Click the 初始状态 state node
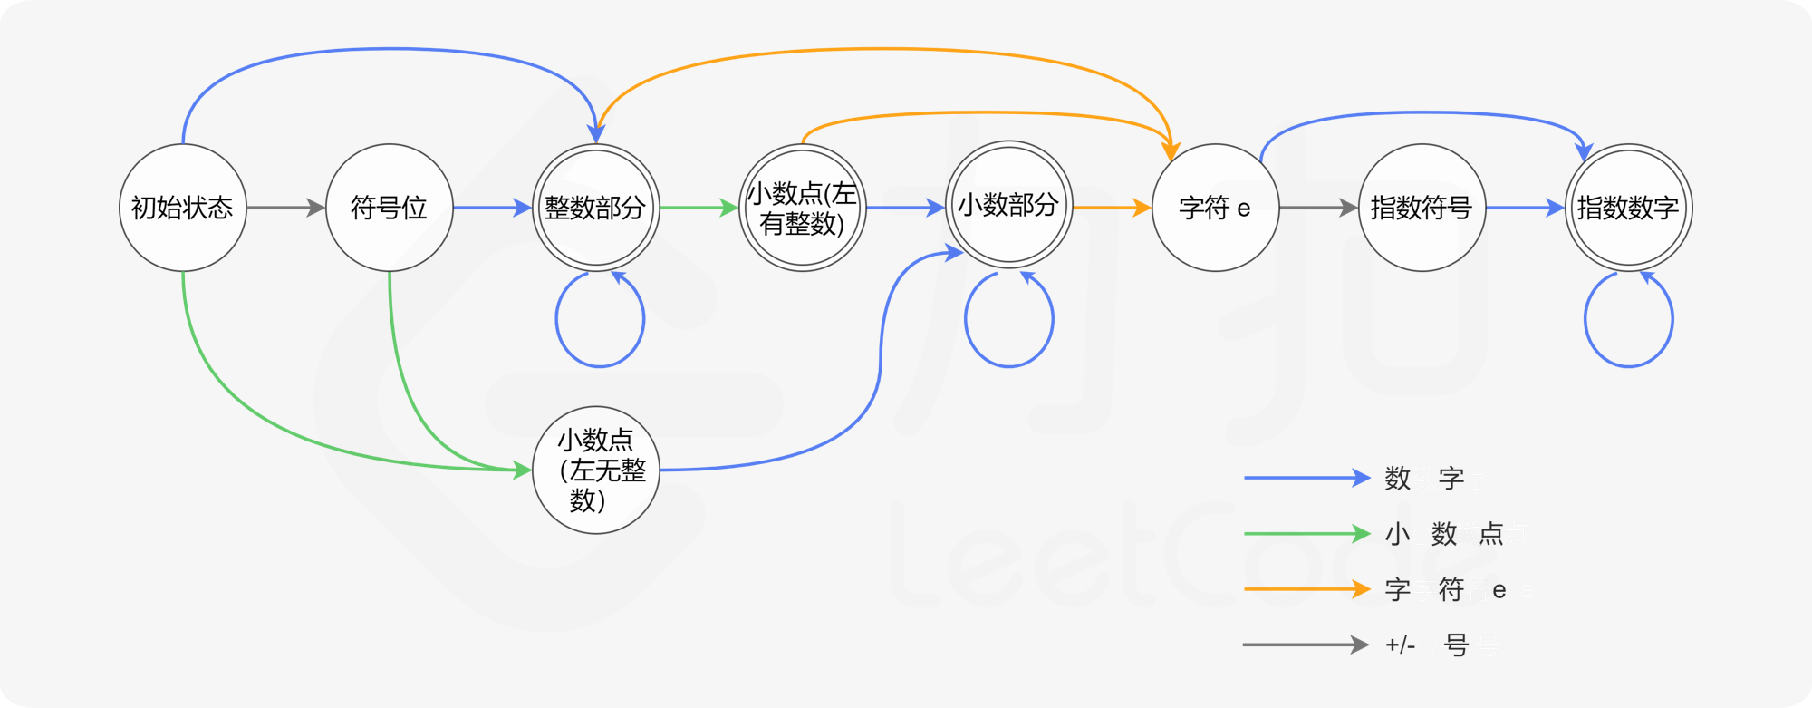tap(183, 208)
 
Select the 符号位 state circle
tap(390, 208)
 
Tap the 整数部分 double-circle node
tap(596, 208)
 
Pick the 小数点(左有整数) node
tap(803, 208)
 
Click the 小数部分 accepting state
tap(1009, 204)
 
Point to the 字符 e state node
tap(1216, 208)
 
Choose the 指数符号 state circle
tap(1422, 208)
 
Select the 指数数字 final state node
tap(1629, 208)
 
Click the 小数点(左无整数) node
tap(596, 470)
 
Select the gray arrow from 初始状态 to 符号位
tap(286, 208)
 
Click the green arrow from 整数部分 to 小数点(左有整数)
tap(699, 208)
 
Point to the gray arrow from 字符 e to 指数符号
tap(1319, 208)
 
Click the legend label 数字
tap(1424, 478)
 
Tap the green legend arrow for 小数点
tap(1307, 533)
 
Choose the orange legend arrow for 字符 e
tap(1307, 589)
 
